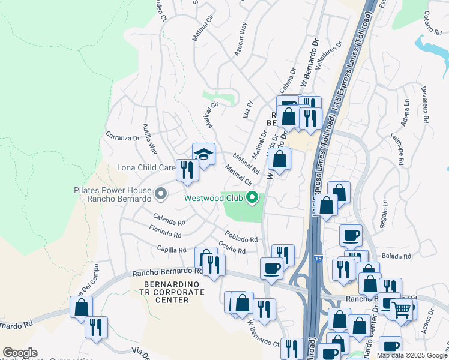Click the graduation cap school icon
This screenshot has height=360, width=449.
(203, 154)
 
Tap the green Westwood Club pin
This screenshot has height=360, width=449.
(253, 197)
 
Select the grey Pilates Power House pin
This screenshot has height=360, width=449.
(160, 194)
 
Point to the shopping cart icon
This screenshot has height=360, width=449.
(401, 310)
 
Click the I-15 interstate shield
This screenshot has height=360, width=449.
(317, 259)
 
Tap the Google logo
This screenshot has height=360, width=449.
(20, 353)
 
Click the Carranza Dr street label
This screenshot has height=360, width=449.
(122, 137)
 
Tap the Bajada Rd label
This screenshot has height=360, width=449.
(399, 256)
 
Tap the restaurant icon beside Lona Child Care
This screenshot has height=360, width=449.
(187, 170)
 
